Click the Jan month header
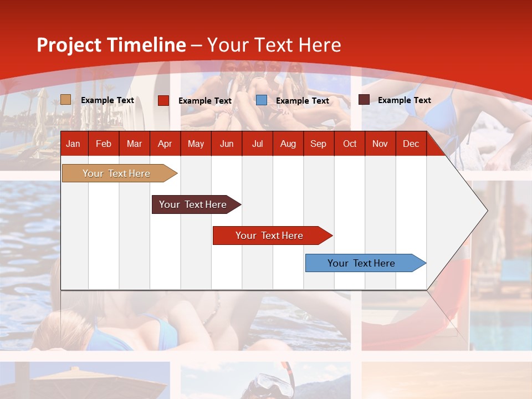[x=73, y=144]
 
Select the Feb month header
[x=104, y=144]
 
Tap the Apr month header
[x=165, y=144]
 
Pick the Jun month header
[x=227, y=144]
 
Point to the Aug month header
[x=288, y=144]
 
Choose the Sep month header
[x=318, y=144]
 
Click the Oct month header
[x=350, y=144]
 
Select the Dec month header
[x=411, y=144]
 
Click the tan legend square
[x=65, y=100]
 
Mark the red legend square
[x=163, y=100]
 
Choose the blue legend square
[x=262, y=100]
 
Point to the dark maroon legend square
[x=364, y=100]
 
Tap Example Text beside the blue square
[x=302, y=101]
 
